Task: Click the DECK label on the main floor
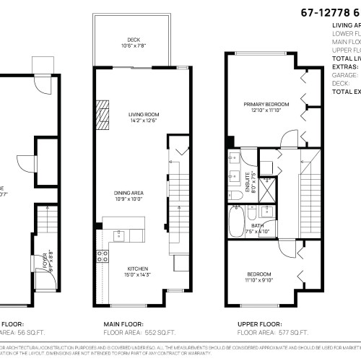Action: pos(133,38)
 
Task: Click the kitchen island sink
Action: pos(120,234)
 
